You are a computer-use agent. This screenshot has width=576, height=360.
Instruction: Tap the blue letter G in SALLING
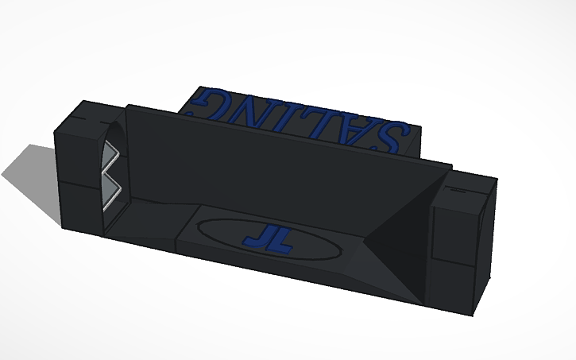[x=199, y=103]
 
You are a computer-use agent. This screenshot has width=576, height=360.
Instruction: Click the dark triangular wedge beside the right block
[x=397, y=238]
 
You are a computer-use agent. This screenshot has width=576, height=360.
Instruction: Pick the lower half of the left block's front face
[x=79, y=207]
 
